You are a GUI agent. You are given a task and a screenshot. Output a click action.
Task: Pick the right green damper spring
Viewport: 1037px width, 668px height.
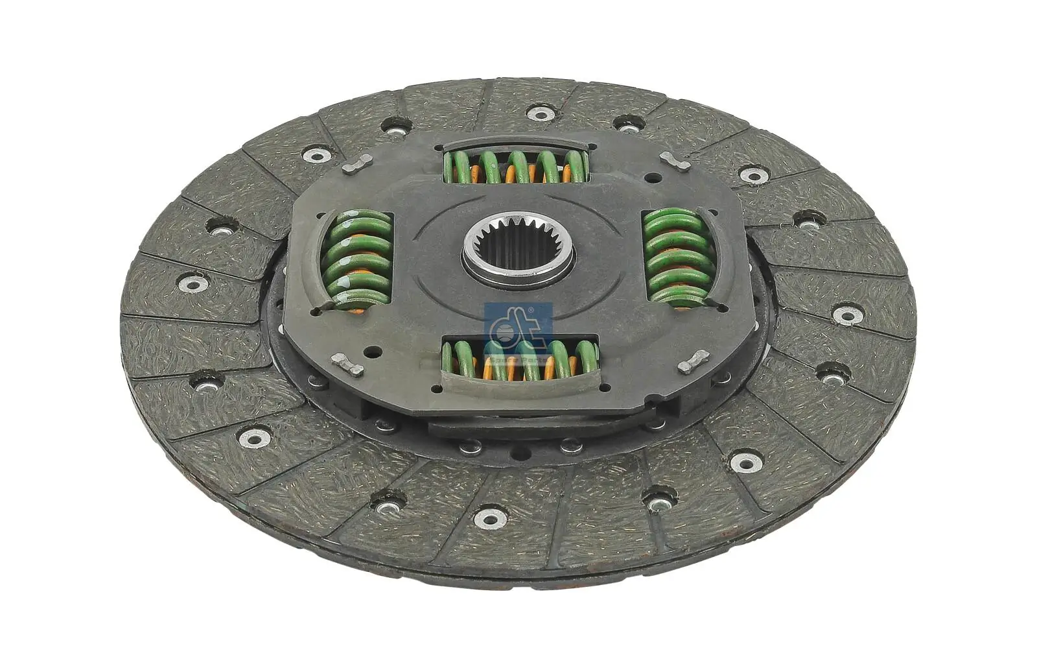674,257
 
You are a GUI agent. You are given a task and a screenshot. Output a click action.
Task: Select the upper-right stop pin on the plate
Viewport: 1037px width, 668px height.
673,161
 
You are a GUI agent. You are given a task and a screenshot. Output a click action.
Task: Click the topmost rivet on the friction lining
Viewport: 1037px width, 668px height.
539,114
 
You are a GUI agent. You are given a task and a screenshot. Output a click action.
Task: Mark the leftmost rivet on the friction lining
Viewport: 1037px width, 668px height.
192,283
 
